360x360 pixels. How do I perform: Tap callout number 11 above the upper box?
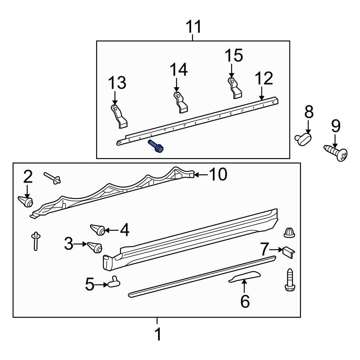tap(193, 27)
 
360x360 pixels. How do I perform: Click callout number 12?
tap(264, 79)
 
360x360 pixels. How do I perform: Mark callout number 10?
tap(218, 175)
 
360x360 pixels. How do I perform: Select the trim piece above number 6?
tap(246, 276)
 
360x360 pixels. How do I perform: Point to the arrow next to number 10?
tap(201, 175)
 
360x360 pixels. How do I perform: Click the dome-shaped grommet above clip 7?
tap(289, 233)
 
